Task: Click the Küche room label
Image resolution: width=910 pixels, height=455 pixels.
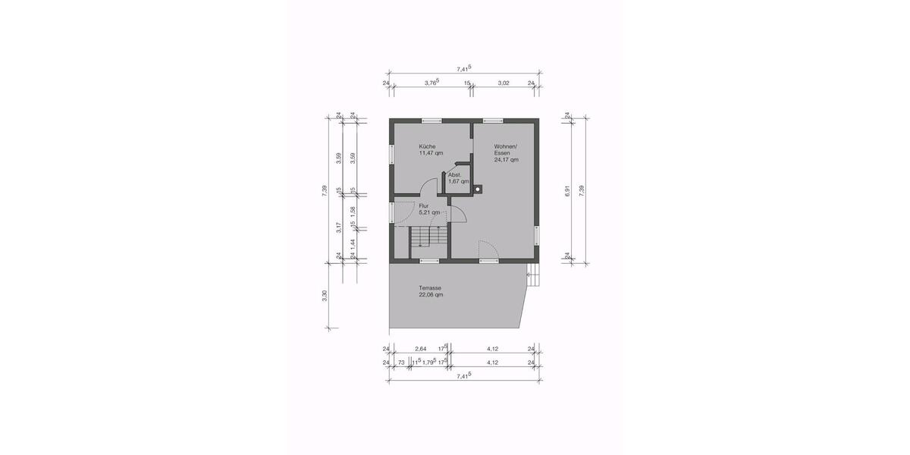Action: coord(427,146)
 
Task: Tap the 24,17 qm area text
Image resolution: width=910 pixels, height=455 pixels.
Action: coord(506,160)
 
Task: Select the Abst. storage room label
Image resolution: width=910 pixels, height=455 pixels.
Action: coord(455,175)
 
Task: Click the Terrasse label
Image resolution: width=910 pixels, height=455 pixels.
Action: coord(430,288)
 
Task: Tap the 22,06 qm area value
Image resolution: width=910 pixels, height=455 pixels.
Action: coord(431,295)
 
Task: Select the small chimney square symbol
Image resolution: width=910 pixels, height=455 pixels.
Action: coord(479,189)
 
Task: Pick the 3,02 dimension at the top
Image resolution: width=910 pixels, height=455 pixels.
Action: coord(503,83)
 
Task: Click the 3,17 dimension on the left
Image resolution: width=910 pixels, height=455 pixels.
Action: coord(339,225)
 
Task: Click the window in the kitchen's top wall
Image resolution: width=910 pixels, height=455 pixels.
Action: coord(431,120)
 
